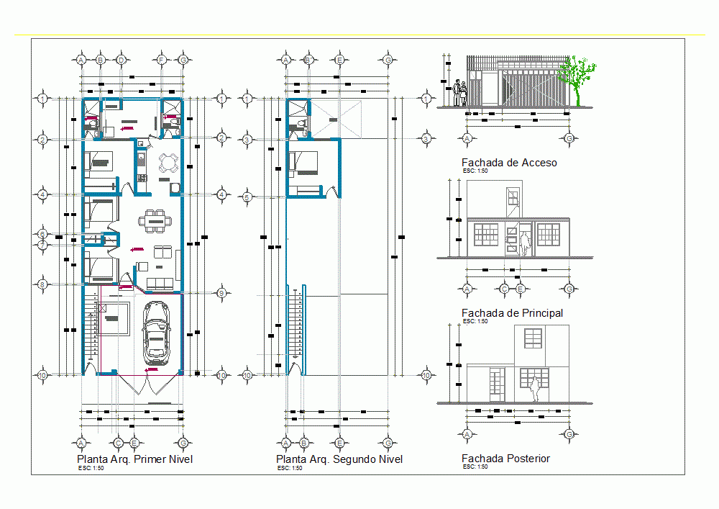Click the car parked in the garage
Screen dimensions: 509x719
157,332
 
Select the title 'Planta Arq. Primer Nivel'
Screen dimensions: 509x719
134,459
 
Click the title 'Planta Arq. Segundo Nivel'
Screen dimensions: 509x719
339,459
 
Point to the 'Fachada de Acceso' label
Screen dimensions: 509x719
509,163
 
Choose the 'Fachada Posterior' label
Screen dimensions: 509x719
505,459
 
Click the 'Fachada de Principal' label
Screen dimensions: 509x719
512,313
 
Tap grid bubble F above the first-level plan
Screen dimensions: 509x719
162,59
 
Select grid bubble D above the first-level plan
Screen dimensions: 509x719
121,59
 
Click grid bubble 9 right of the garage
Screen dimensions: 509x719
222,292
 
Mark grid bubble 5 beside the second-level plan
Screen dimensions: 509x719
247,197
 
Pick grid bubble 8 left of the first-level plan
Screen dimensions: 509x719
42,284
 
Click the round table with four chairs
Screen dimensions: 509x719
168,163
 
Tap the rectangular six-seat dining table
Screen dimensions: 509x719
155,221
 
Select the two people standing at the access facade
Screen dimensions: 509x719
460,94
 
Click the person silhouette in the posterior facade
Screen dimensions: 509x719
534,389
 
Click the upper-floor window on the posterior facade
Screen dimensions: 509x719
532,339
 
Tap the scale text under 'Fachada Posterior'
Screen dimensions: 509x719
475,467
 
